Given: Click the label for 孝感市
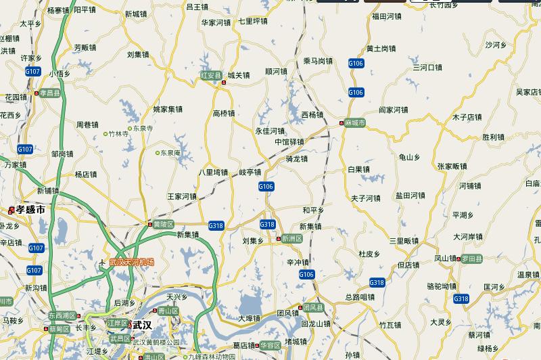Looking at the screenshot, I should (31, 210).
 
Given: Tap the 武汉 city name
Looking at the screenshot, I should (142, 325).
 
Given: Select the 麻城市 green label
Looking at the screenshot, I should (354, 123).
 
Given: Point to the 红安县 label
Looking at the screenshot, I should (210, 75).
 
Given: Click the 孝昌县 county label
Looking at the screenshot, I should (51, 93).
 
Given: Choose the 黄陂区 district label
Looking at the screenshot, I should (164, 223).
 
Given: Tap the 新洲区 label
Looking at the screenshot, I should (293, 239).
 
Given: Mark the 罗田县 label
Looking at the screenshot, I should (472, 258).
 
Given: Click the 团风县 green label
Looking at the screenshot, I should (313, 307).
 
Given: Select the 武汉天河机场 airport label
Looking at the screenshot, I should (132, 262).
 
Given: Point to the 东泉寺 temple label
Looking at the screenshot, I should (143, 128).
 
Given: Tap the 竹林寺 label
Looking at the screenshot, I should (118, 134).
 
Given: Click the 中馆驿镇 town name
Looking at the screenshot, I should (289, 141).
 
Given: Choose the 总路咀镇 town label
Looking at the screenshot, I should (359, 296).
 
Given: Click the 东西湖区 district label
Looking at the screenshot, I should (62, 315).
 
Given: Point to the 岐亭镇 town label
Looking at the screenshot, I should (250, 172).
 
